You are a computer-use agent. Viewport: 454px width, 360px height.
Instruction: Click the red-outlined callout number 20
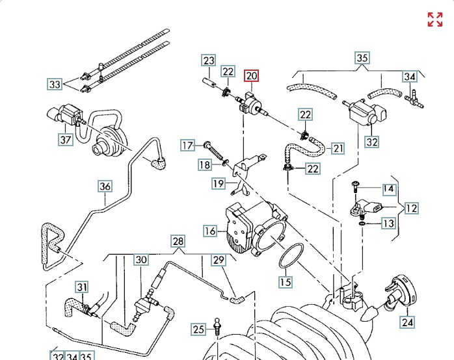[x=251, y=76]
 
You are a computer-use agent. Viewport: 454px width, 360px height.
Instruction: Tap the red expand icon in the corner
[x=434, y=19]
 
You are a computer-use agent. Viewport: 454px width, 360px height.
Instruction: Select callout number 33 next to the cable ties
[x=55, y=84]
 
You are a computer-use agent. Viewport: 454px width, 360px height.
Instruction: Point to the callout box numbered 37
[x=64, y=139]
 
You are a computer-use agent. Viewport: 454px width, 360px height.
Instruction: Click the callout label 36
[x=105, y=186]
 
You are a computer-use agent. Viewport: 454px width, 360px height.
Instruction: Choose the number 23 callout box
[x=208, y=61]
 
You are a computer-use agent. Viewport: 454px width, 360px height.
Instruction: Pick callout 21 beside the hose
[x=338, y=148]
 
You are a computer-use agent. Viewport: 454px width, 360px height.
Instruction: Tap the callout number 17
[x=188, y=145]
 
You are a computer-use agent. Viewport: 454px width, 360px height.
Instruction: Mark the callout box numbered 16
[x=209, y=231]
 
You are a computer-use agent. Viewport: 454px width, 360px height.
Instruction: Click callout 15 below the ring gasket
[x=286, y=282]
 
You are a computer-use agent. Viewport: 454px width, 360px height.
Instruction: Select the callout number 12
[x=411, y=209]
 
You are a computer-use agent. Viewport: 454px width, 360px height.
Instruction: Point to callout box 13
[x=388, y=224]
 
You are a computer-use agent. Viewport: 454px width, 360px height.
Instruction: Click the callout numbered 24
[x=407, y=321]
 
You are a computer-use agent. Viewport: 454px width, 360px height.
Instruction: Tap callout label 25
[x=198, y=329]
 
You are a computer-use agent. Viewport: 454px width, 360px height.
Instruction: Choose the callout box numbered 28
[x=178, y=242]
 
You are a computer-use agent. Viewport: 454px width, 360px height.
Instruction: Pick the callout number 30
[x=141, y=259]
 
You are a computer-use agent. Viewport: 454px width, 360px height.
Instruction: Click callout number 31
[x=81, y=287]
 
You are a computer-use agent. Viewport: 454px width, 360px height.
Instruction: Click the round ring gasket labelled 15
[x=291, y=255]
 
